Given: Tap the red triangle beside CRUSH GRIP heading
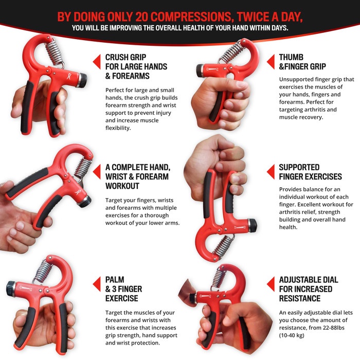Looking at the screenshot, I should tap(96, 62).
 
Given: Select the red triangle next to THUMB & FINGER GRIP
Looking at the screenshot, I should tap(270, 62).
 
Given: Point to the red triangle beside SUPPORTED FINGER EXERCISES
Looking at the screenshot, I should tap(270, 172).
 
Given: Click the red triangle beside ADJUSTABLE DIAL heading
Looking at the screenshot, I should tap(270, 284).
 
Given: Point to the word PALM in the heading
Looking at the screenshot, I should tap(116, 280).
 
